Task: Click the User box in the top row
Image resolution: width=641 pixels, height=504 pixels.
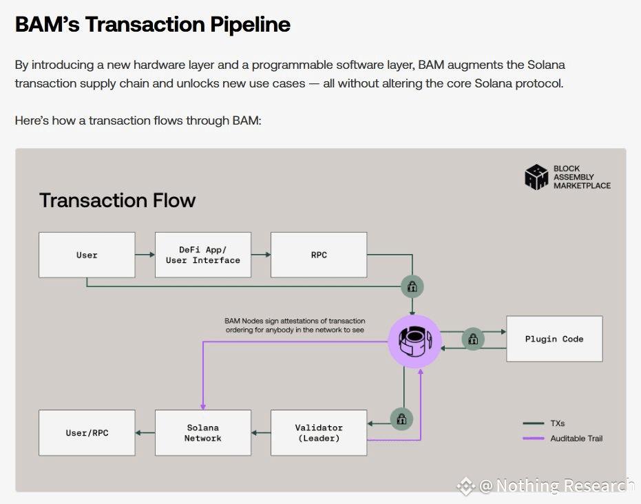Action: (x=87, y=255)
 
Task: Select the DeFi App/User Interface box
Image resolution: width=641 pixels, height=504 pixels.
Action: (x=202, y=255)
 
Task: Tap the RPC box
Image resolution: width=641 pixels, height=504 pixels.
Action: (x=319, y=255)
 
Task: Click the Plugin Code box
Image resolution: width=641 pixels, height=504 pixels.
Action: (x=554, y=339)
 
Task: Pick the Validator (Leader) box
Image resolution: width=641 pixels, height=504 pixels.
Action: (x=319, y=433)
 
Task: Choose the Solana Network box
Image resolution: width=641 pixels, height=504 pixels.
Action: (x=202, y=433)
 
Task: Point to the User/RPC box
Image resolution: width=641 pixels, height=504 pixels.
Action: (x=87, y=433)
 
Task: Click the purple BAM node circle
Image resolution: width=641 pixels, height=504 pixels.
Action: (x=414, y=342)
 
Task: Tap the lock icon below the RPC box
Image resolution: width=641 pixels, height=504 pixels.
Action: (x=412, y=286)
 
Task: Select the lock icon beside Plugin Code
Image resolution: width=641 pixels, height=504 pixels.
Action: (x=473, y=339)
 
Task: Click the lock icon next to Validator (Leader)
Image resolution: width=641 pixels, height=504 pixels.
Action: (x=401, y=419)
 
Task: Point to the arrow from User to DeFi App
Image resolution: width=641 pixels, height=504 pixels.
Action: (x=145, y=255)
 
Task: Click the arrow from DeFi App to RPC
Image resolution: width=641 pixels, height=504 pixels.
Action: (x=261, y=255)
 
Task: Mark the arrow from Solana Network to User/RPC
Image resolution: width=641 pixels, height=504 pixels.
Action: (x=145, y=433)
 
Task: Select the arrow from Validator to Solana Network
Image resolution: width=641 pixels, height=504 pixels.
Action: (x=261, y=433)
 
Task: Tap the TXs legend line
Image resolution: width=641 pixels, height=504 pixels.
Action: (x=534, y=423)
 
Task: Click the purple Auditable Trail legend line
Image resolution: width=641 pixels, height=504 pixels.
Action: (x=534, y=438)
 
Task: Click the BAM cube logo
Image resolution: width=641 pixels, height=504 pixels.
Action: (x=536, y=177)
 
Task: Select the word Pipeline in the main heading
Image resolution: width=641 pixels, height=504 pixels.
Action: (x=250, y=25)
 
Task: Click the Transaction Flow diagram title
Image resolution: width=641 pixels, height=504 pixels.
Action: (x=117, y=200)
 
